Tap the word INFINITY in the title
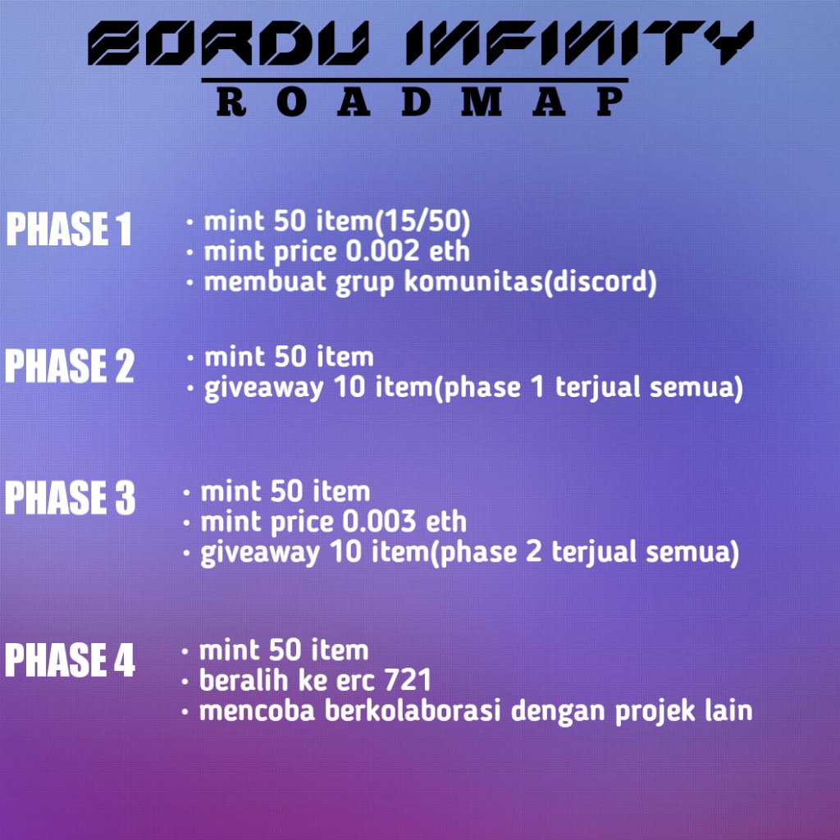click(574, 44)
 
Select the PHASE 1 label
click(69, 230)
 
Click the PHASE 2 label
click(69, 367)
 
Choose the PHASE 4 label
click(69, 661)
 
